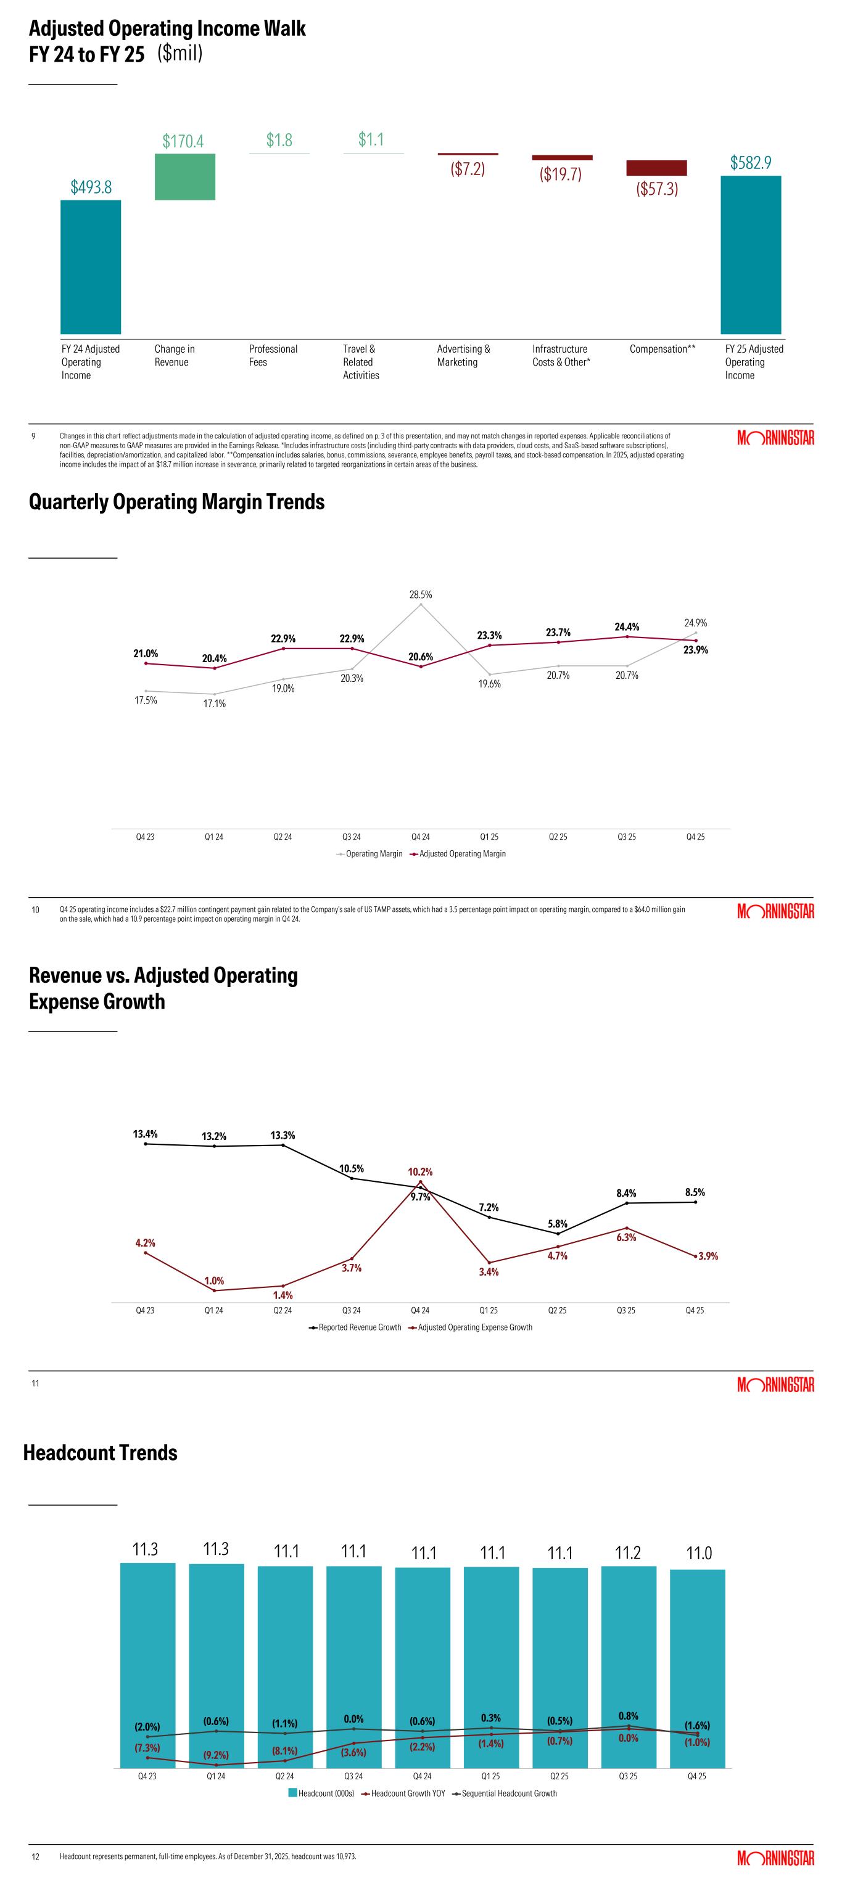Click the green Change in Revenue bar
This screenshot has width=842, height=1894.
click(184, 176)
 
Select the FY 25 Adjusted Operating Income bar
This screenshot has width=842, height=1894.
click(750, 255)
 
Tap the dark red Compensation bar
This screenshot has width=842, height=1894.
click(656, 168)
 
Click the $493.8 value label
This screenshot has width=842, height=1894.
click(91, 187)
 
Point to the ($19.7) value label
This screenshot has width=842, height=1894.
click(560, 174)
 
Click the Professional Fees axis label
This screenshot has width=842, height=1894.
click(273, 355)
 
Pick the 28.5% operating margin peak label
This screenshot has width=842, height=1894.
click(421, 594)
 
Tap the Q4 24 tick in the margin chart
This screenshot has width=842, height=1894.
click(421, 837)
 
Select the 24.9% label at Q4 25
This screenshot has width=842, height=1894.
click(695, 623)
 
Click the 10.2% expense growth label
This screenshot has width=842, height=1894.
click(421, 1171)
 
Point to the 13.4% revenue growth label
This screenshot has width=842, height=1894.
click(145, 1134)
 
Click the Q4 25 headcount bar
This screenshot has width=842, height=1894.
click(697, 1668)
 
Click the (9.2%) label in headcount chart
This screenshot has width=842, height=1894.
click(216, 1755)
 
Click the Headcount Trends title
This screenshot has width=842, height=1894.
click(101, 1453)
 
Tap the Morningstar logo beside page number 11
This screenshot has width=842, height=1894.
click(775, 1385)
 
